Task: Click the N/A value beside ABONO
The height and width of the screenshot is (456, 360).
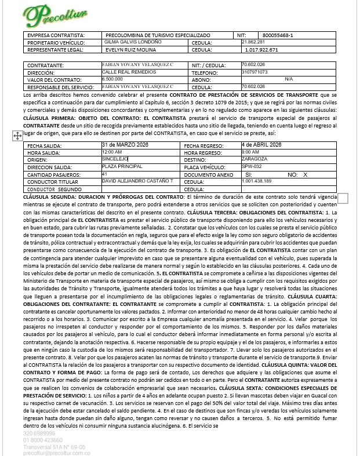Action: pos(288,79)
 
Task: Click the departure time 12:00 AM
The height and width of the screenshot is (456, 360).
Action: pos(112,152)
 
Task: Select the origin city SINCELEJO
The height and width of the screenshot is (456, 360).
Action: pos(115,158)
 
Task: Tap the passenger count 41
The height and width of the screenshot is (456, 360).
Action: pos(104,173)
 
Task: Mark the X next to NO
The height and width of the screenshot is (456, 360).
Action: pos(305,174)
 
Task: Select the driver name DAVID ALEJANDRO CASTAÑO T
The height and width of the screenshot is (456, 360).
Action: pos(137,181)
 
